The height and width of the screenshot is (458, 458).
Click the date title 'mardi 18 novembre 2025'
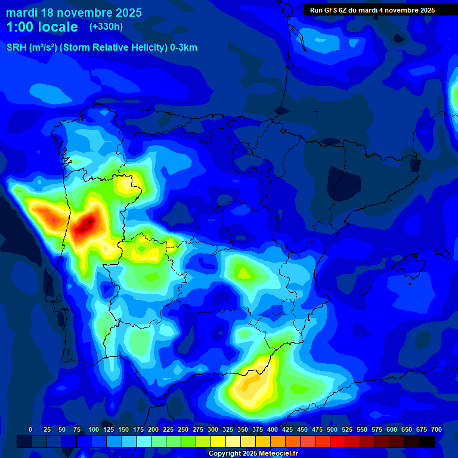[74, 13]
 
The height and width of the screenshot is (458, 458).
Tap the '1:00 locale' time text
[42, 27]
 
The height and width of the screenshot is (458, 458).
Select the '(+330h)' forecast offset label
[106, 27]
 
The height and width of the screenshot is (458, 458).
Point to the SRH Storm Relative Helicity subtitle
[101, 48]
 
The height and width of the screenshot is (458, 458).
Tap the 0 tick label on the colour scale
[30, 429]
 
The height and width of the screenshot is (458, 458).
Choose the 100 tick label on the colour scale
[93, 429]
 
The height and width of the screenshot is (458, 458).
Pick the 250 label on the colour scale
[183, 429]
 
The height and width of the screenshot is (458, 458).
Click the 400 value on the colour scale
[273, 429]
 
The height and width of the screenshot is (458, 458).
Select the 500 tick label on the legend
[332, 429]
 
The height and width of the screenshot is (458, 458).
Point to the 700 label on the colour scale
[437, 429]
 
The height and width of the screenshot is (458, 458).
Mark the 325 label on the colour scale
[228, 429]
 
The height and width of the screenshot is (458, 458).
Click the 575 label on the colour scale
[377, 429]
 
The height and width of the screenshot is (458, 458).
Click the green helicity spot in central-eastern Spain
[243, 273]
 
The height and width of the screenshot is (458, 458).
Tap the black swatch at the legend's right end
[427, 441]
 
